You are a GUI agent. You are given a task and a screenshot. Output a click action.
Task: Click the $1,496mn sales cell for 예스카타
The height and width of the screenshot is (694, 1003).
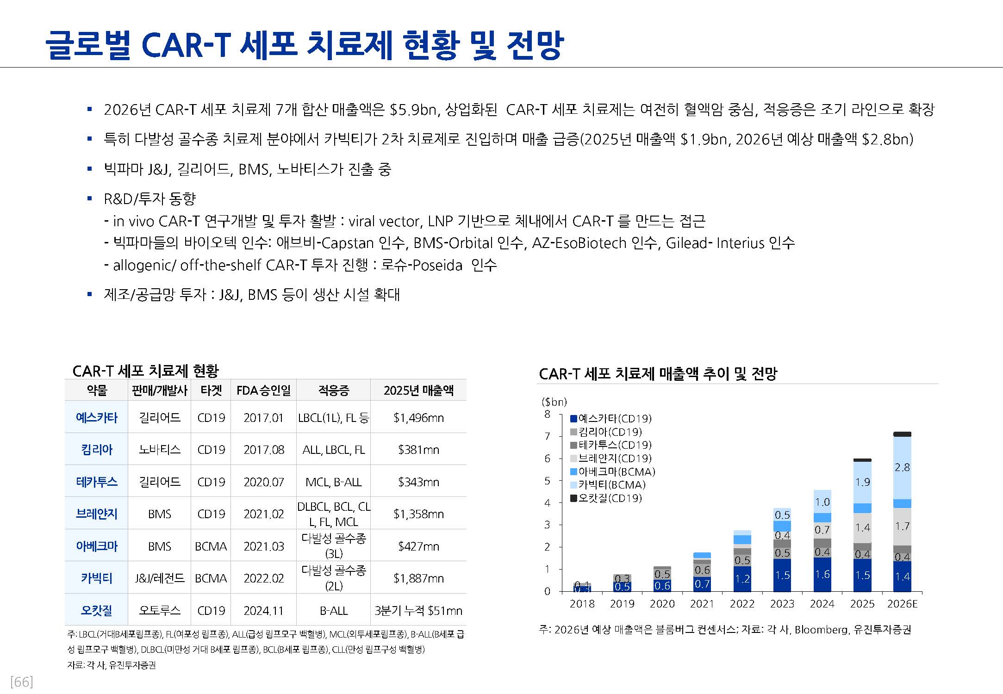click(x=418, y=418)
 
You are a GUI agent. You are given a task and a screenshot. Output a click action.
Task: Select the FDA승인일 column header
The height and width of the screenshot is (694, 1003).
click(x=263, y=390)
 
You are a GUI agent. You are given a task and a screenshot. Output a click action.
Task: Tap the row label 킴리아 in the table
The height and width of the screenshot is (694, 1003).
click(x=97, y=450)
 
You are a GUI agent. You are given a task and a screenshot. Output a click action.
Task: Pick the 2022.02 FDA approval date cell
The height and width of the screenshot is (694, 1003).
click(x=263, y=578)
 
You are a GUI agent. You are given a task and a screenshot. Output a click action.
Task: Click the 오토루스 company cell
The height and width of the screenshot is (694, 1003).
click(x=160, y=611)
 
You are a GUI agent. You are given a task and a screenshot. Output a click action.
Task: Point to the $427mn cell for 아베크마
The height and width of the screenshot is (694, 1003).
click(x=418, y=546)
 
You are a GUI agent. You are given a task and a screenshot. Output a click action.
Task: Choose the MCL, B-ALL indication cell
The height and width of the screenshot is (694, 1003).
click(x=333, y=482)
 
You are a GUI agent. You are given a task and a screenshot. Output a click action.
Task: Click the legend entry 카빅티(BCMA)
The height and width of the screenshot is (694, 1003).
click(x=611, y=485)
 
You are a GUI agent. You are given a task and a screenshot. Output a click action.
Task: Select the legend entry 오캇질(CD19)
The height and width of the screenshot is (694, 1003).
click(x=610, y=498)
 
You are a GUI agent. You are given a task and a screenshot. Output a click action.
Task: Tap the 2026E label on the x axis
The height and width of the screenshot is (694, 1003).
click(x=902, y=604)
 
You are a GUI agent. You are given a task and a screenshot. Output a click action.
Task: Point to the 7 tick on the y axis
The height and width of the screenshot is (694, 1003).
click(x=548, y=436)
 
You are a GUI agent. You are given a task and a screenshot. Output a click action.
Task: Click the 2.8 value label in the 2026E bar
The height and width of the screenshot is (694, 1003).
click(x=902, y=467)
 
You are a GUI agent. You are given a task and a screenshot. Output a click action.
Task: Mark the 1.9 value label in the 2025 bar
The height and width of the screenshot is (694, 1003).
click(x=862, y=482)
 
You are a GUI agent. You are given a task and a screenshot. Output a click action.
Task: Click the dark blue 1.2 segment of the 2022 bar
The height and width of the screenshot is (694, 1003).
click(x=742, y=579)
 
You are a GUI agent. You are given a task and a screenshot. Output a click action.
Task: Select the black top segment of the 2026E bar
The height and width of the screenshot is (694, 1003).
click(x=902, y=434)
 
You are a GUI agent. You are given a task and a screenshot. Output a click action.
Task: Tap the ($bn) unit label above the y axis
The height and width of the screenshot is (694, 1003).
click(x=554, y=402)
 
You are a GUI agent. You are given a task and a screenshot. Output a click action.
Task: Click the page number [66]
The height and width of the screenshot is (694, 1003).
click(x=21, y=682)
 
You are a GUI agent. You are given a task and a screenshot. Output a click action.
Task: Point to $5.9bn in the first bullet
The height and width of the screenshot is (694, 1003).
click(x=413, y=110)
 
